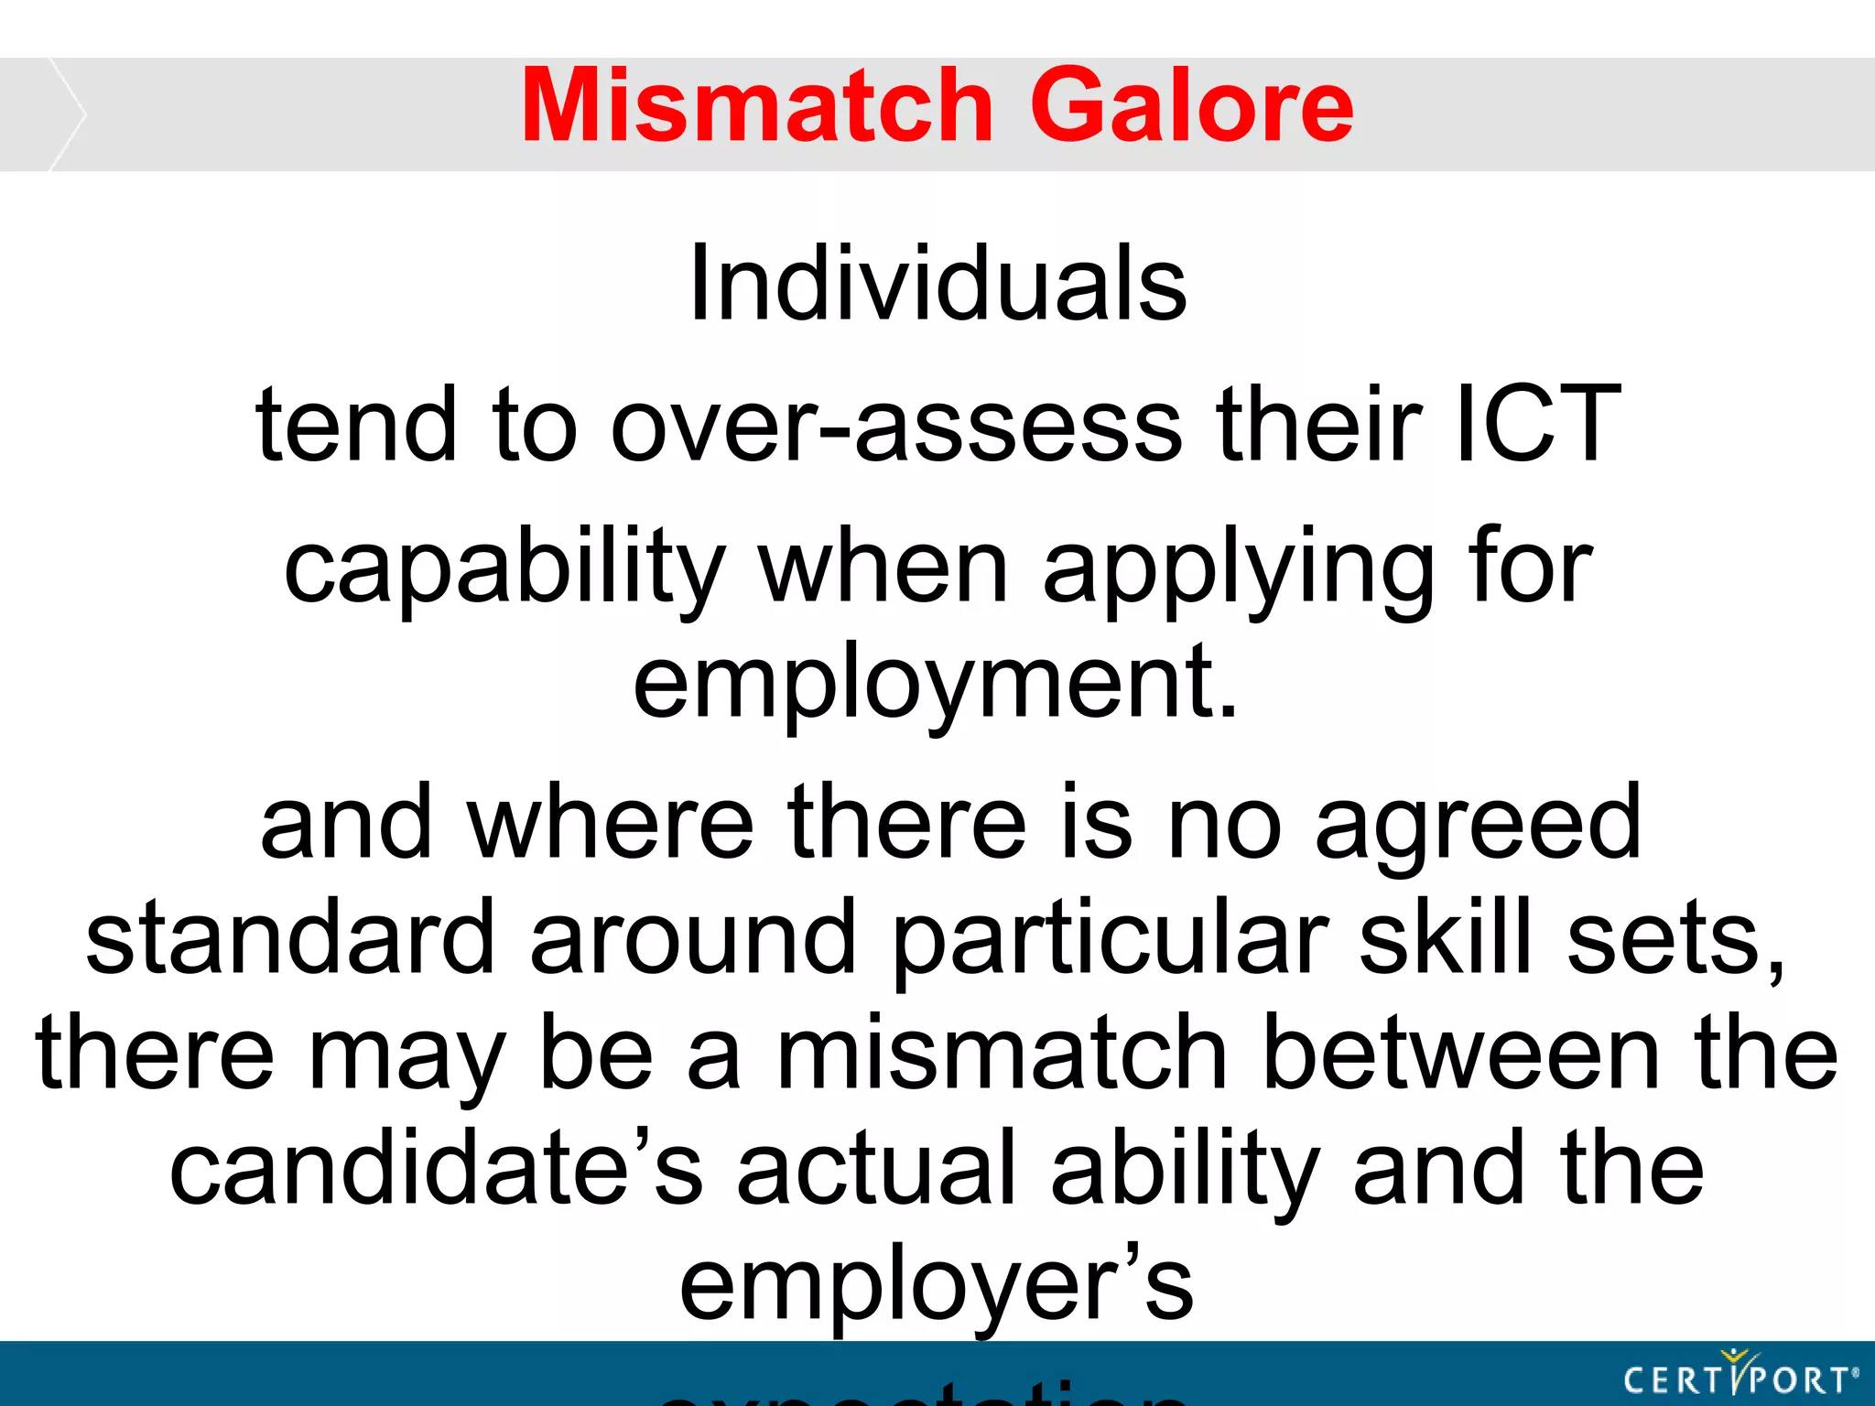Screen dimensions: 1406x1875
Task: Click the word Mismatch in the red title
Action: click(757, 107)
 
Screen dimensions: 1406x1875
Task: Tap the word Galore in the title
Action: click(1191, 107)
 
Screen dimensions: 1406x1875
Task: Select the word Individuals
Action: click(937, 284)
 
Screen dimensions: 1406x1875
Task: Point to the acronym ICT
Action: click(1538, 424)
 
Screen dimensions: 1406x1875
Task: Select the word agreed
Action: click(1478, 824)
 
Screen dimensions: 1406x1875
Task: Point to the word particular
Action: click(1110, 939)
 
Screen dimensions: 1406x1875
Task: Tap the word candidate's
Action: click(437, 1168)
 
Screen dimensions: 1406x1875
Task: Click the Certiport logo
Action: click(1740, 1377)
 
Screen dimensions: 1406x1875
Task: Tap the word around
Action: click(693, 937)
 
